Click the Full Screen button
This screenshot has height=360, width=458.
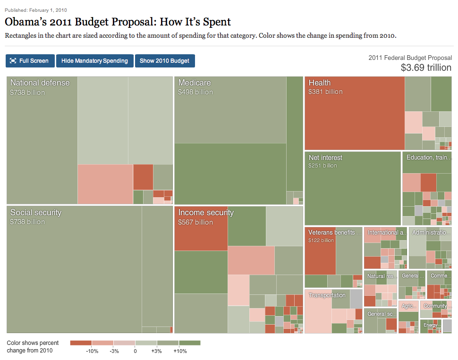point(30,61)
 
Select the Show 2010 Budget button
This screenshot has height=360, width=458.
point(164,61)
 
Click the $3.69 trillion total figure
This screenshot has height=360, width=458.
point(425,67)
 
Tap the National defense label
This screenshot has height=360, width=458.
point(40,83)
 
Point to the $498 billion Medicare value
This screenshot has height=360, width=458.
point(195,92)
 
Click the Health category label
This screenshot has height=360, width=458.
point(320,83)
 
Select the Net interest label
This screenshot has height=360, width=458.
point(325,158)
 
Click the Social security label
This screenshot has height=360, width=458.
point(36,212)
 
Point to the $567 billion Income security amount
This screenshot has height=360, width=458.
point(195,222)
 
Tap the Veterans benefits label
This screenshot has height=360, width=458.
point(335,232)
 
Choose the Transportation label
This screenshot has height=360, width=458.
point(327,295)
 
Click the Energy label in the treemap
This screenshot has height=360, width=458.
point(430,325)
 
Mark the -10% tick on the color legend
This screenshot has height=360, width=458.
point(92,351)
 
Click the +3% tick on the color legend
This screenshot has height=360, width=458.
point(157,351)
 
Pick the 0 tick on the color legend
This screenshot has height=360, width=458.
point(135,351)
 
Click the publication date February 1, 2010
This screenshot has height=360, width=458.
point(48,10)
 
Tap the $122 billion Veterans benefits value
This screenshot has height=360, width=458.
point(321,241)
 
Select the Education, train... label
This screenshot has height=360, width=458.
point(428,157)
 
